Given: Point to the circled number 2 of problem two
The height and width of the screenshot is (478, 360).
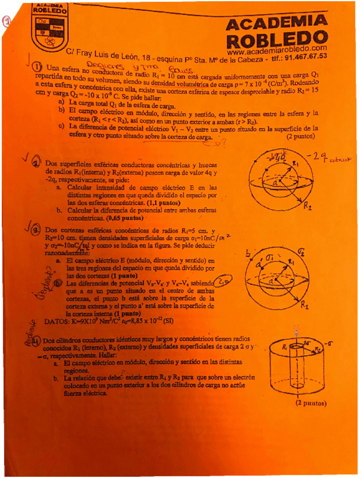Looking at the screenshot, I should coord(37,162).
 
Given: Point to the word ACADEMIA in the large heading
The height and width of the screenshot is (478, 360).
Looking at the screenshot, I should coord(276,23).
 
